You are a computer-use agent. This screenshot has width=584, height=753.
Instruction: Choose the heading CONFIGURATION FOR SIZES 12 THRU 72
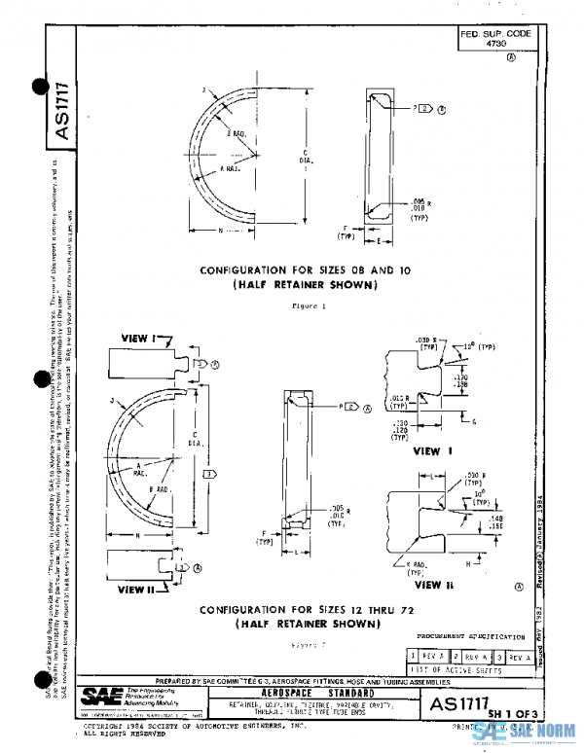[289, 610]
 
